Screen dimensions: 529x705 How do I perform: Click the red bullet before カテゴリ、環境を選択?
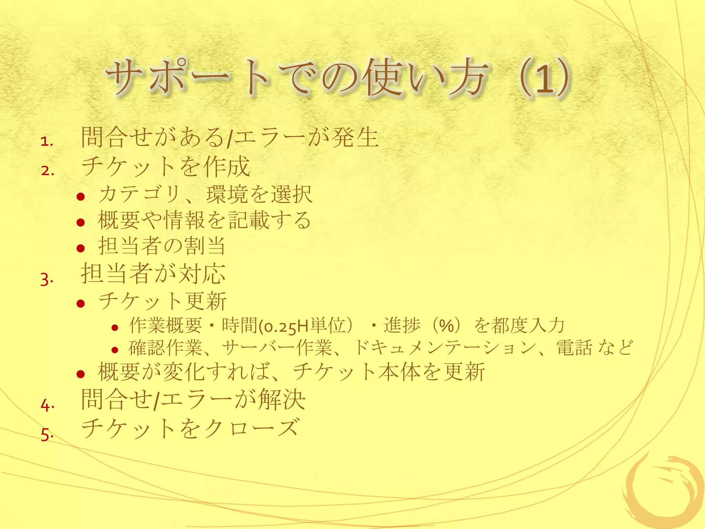click(x=81, y=197)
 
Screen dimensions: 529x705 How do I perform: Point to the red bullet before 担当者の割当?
click(x=81, y=248)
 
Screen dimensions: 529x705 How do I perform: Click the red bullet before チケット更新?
click(x=81, y=303)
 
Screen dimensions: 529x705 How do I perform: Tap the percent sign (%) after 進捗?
click(x=446, y=326)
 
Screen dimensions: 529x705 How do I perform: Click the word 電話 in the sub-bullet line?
click(x=574, y=348)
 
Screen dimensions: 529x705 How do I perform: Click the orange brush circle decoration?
click(x=664, y=492)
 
